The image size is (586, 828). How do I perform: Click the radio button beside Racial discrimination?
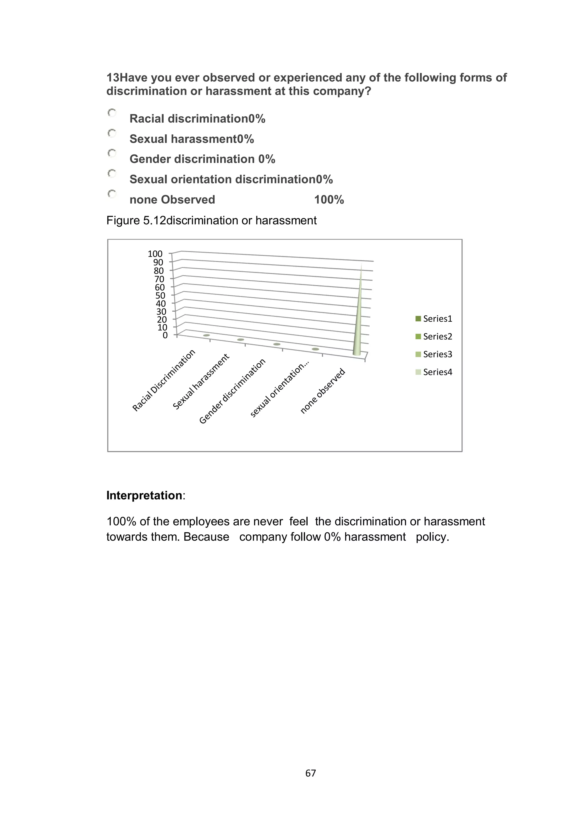112,113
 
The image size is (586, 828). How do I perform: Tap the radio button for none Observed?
112,194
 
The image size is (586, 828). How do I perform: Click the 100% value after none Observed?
329,200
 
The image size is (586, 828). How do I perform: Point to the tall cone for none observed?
358,317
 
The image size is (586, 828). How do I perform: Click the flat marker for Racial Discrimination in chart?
206,335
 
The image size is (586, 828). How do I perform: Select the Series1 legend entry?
434,319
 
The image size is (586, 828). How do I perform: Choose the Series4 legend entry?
434,372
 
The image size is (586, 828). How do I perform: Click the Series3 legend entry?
434,355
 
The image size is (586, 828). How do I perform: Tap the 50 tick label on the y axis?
160,296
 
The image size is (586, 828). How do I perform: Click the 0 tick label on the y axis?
165,335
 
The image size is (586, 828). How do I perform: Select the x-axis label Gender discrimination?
232,391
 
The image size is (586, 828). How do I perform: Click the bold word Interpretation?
144,495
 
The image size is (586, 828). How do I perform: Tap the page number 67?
310,773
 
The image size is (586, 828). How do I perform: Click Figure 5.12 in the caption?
136,220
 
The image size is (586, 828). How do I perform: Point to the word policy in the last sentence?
432,537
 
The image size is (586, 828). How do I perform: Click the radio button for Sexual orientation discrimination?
112,174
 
